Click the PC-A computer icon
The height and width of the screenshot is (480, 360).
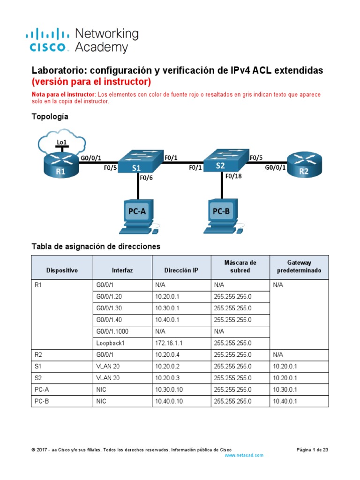138,216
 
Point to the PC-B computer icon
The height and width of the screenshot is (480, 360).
222,216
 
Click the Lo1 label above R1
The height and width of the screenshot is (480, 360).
61,142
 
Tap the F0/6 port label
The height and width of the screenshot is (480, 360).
146,177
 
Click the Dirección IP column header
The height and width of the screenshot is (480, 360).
181,270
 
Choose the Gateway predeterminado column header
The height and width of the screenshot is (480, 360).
299,267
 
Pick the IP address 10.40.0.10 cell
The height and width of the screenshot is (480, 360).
169,401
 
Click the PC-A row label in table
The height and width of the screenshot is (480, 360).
43,390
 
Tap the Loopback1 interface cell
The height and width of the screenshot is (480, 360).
111,343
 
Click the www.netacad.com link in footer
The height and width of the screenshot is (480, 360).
244,455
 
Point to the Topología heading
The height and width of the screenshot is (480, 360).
50,117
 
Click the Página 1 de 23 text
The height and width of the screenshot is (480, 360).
313,450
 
